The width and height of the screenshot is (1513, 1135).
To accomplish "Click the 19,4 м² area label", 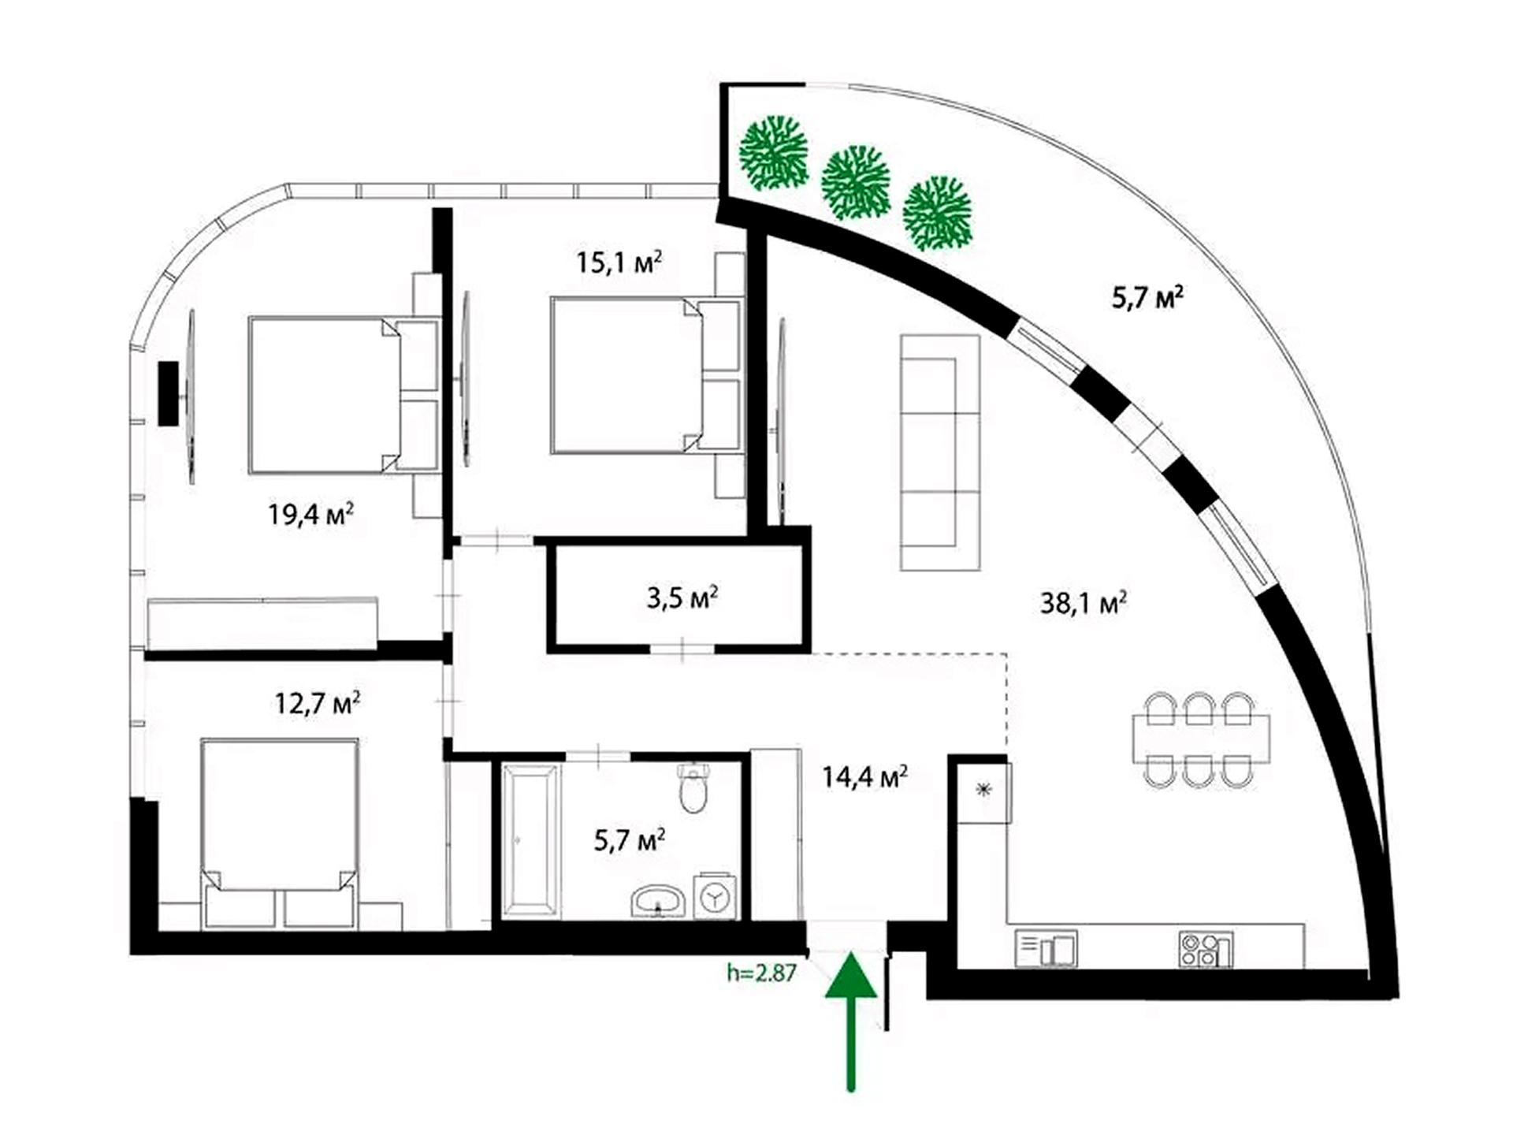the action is (x=310, y=515).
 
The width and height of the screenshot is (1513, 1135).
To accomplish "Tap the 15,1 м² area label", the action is (x=619, y=262).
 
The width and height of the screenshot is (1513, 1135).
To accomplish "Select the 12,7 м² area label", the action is (x=318, y=702).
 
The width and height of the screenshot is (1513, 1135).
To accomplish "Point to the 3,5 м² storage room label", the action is (x=682, y=597).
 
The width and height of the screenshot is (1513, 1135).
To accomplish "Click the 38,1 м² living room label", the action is (x=1084, y=603).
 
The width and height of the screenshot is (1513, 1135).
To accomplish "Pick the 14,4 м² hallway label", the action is (x=865, y=777).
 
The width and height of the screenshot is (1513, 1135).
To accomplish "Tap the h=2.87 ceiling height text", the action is (x=761, y=973).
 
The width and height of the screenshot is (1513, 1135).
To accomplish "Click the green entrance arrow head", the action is (x=851, y=975).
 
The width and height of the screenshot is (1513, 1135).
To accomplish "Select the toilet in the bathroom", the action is (x=693, y=787).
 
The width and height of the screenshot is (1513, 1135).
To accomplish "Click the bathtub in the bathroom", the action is (x=532, y=841).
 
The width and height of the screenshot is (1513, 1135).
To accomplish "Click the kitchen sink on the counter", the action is (x=1046, y=948).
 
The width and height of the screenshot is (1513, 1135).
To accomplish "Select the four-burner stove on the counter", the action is (x=1206, y=949).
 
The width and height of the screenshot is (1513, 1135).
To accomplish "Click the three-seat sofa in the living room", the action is (x=940, y=452).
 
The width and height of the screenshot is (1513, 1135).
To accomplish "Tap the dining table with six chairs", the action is (x=1201, y=739).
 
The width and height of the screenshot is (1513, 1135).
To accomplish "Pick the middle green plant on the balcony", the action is (x=856, y=182).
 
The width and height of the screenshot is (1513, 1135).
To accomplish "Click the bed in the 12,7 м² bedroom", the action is (x=280, y=833).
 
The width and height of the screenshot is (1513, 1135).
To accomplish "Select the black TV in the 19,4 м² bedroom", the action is (x=168, y=393).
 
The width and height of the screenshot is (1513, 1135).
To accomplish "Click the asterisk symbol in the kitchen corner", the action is (x=983, y=790).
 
